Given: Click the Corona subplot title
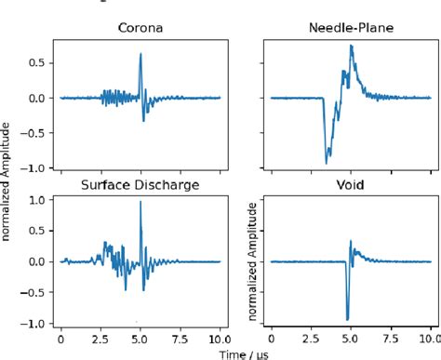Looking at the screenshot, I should pyautogui.click(x=140, y=28).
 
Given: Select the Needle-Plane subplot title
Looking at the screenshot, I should pyautogui.click(x=351, y=28).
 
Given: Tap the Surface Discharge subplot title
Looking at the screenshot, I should pyautogui.click(x=140, y=185).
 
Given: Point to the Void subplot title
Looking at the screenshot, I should pyautogui.click(x=351, y=185).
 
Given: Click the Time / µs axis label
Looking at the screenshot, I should pyautogui.click(x=246, y=353).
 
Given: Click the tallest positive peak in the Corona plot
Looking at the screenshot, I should pyautogui.click(x=140, y=54).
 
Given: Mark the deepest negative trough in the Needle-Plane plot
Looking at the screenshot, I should pyautogui.click(x=327, y=163).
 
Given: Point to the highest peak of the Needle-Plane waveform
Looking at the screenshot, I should pyautogui.click(x=351, y=46).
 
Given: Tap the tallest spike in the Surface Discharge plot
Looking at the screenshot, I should pyautogui.click(x=140, y=203).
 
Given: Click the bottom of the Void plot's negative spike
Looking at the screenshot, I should pyautogui.click(x=347, y=319).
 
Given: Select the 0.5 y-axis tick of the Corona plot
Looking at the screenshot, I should pyautogui.click(x=39, y=62).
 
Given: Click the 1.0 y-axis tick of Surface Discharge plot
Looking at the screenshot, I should pyautogui.click(x=39, y=201).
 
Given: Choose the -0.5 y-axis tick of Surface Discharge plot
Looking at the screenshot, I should pyautogui.click(x=35, y=292).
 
